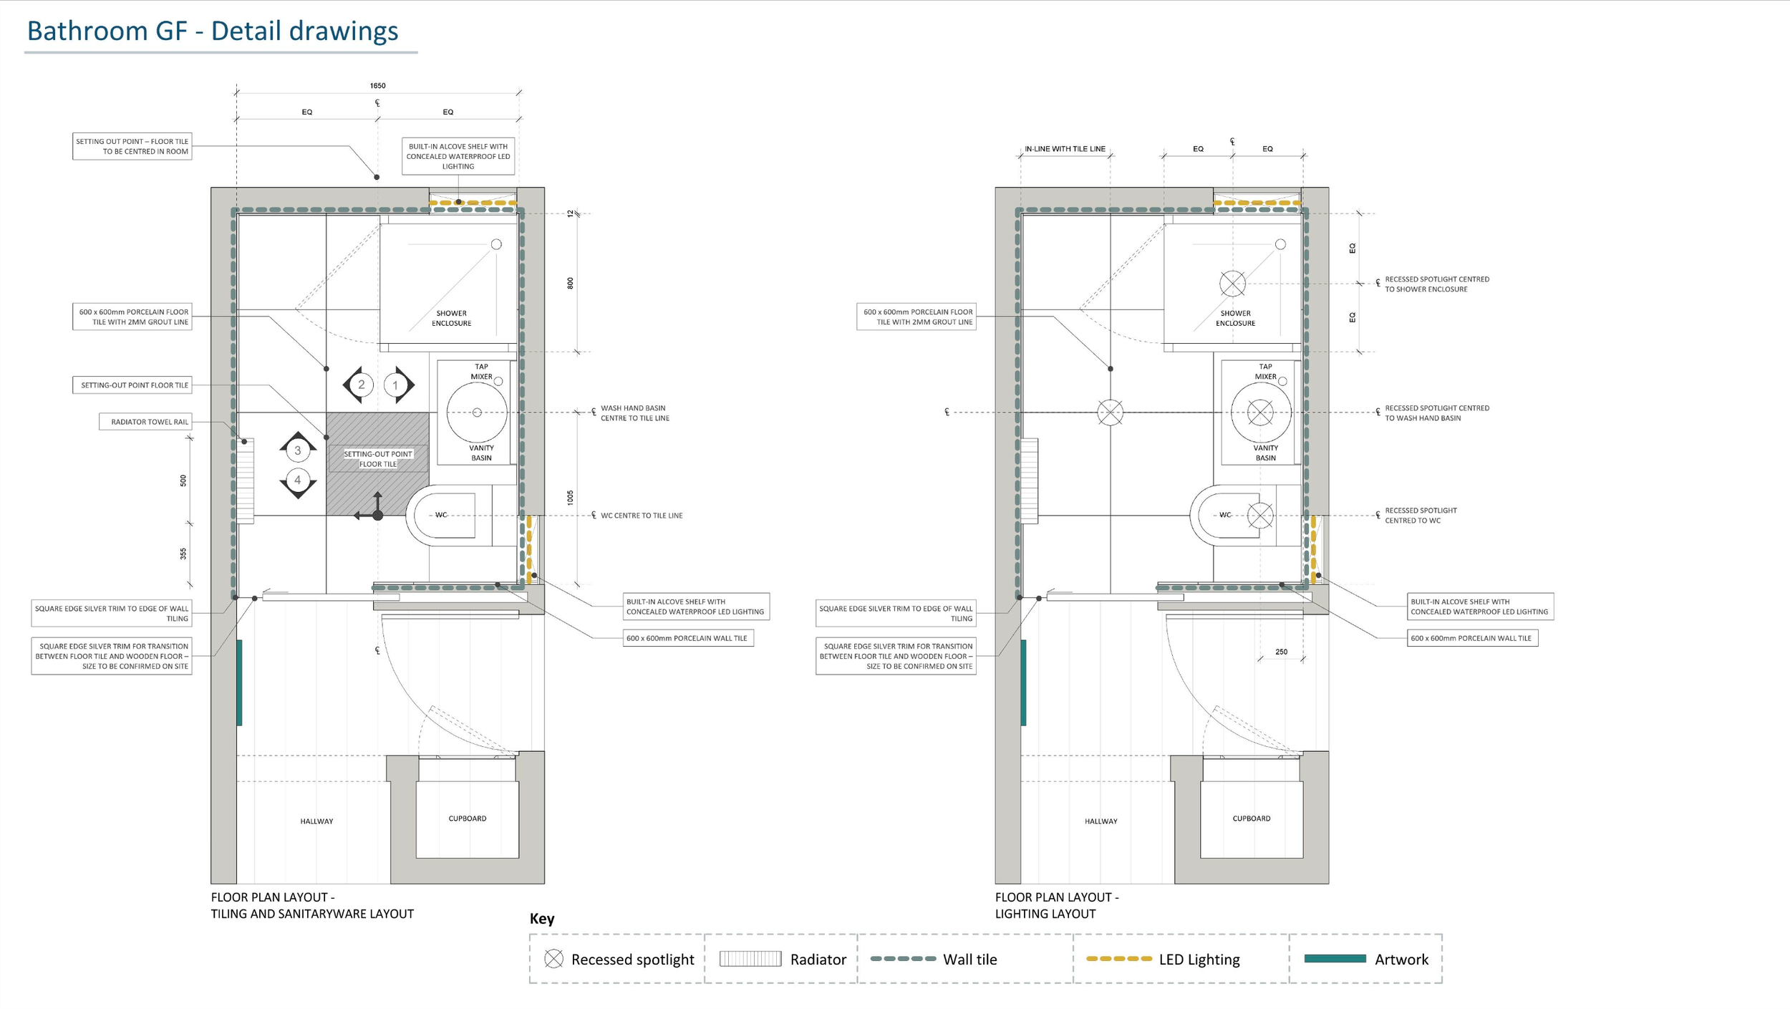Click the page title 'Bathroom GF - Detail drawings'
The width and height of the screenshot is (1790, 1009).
point(213,31)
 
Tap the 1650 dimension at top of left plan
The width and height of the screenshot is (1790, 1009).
point(377,85)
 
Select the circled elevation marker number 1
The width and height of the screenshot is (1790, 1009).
point(395,385)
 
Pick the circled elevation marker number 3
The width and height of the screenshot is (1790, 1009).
point(298,450)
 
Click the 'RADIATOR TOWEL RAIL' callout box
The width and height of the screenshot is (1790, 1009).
point(146,422)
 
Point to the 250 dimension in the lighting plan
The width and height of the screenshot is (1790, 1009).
point(1281,652)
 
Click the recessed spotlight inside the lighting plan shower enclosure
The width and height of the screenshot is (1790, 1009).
point(1232,284)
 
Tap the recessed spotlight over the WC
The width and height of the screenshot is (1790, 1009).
point(1260,515)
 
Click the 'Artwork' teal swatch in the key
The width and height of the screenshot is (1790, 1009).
point(1335,958)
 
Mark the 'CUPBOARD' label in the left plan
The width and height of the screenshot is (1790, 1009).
point(468,819)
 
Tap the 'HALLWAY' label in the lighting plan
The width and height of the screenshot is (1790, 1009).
point(1100,821)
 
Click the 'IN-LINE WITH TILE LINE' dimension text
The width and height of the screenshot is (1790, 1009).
point(1065,149)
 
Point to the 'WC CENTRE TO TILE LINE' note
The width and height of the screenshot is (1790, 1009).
point(642,516)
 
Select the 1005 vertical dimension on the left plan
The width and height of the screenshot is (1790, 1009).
point(570,498)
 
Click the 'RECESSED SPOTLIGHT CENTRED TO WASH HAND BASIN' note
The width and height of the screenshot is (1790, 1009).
point(1436,413)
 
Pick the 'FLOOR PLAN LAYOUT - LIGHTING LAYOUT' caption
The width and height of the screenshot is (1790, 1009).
point(1057,905)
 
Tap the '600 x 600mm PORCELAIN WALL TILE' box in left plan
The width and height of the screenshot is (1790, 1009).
point(687,638)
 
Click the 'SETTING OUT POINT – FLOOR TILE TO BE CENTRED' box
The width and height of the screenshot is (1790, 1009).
point(132,146)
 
